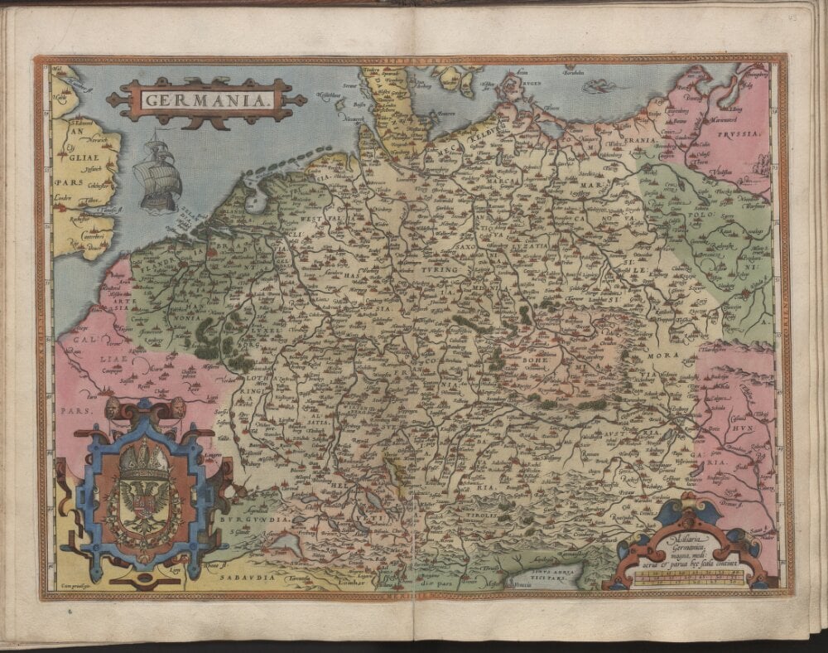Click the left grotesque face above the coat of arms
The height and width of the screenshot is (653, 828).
pyautogui.click(x=111, y=407)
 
